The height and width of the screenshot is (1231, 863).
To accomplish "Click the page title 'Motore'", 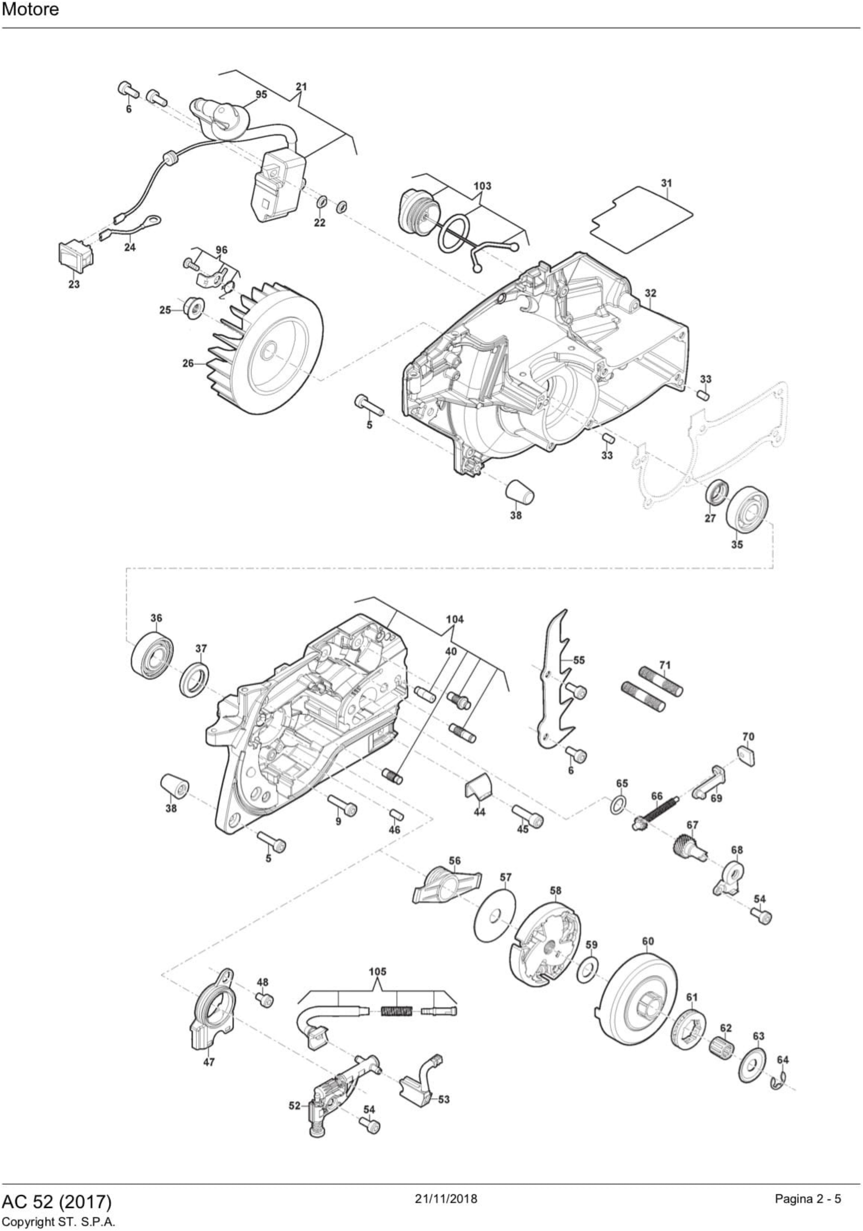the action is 31,10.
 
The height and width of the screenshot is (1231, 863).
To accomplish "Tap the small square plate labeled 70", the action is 746,754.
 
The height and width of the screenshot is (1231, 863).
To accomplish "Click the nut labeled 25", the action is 193,308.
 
